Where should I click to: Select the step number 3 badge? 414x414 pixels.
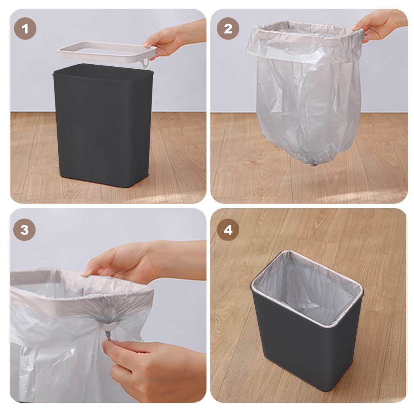point(24,230)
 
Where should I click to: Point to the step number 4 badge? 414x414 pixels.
point(228,230)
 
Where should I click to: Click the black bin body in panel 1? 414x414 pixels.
point(103,129)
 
